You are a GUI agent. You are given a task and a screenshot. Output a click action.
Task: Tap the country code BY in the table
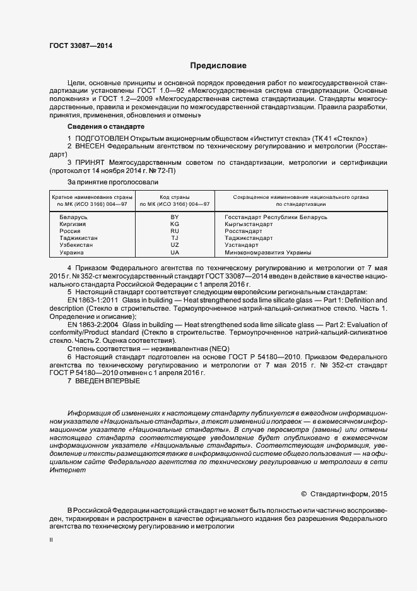[175, 217]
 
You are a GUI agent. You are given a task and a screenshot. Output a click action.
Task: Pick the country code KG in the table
[175, 224]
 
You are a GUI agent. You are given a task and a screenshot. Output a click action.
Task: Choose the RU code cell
[175, 231]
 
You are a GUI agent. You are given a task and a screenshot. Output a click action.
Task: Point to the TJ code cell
[175, 238]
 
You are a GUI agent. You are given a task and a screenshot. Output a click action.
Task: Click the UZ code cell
[175, 245]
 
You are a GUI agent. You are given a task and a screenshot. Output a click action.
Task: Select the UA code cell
[175, 252]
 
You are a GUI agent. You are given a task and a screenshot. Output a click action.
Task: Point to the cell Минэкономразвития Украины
[267, 252]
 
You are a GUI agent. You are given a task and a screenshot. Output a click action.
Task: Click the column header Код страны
[175, 197]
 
